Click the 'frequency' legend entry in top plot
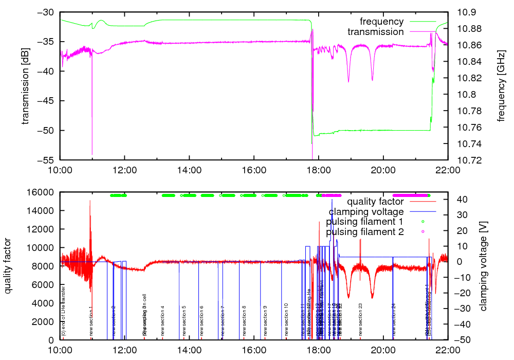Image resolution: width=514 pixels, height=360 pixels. tap(382, 22)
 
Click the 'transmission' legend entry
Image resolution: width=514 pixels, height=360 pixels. tap(376, 32)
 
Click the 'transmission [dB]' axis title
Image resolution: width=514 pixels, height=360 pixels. tap(25, 86)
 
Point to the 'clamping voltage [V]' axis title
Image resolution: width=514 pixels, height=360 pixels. tap(483, 266)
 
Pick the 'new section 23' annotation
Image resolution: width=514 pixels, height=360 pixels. tap(361, 319)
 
